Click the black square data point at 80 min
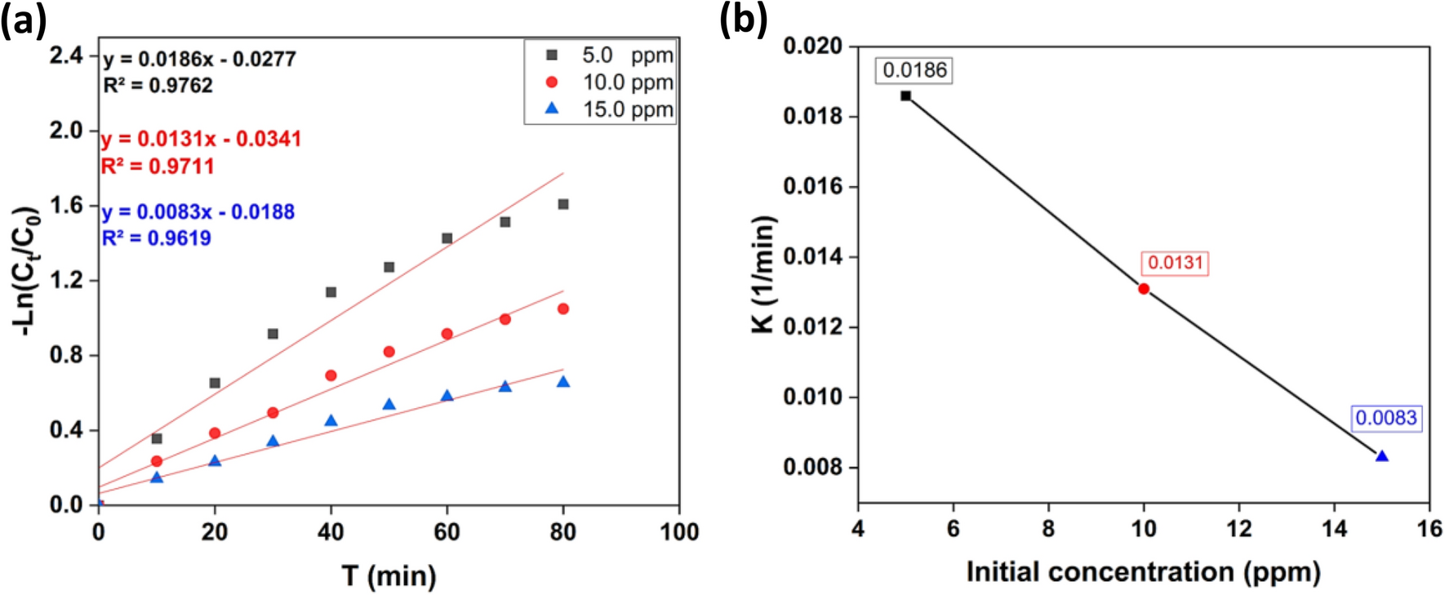tap(562, 204)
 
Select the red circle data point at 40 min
tap(331, 375)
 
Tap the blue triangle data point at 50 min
tap(389, 405)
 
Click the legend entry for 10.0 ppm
tap(627, 82)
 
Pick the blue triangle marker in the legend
tap(552, 109)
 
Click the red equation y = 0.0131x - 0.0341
tap(201, 140)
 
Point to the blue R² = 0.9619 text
tap(157, 238)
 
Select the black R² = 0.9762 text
tap(158, 86)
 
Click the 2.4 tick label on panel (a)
tap(66, 56)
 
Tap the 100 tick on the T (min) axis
tap(679, 532)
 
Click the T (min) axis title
tap(389, 576)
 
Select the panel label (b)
tap(743, 20)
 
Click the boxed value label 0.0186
tap(914, 70)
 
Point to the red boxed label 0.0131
tap(1175, 263)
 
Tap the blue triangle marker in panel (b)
tap(1381, 456)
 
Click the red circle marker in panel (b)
tap(1144, 289)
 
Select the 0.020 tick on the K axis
tap(812, 47)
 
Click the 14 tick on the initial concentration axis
tap(1334, 529)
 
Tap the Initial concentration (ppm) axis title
tap(1143, 572)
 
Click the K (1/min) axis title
tap(763, 274)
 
